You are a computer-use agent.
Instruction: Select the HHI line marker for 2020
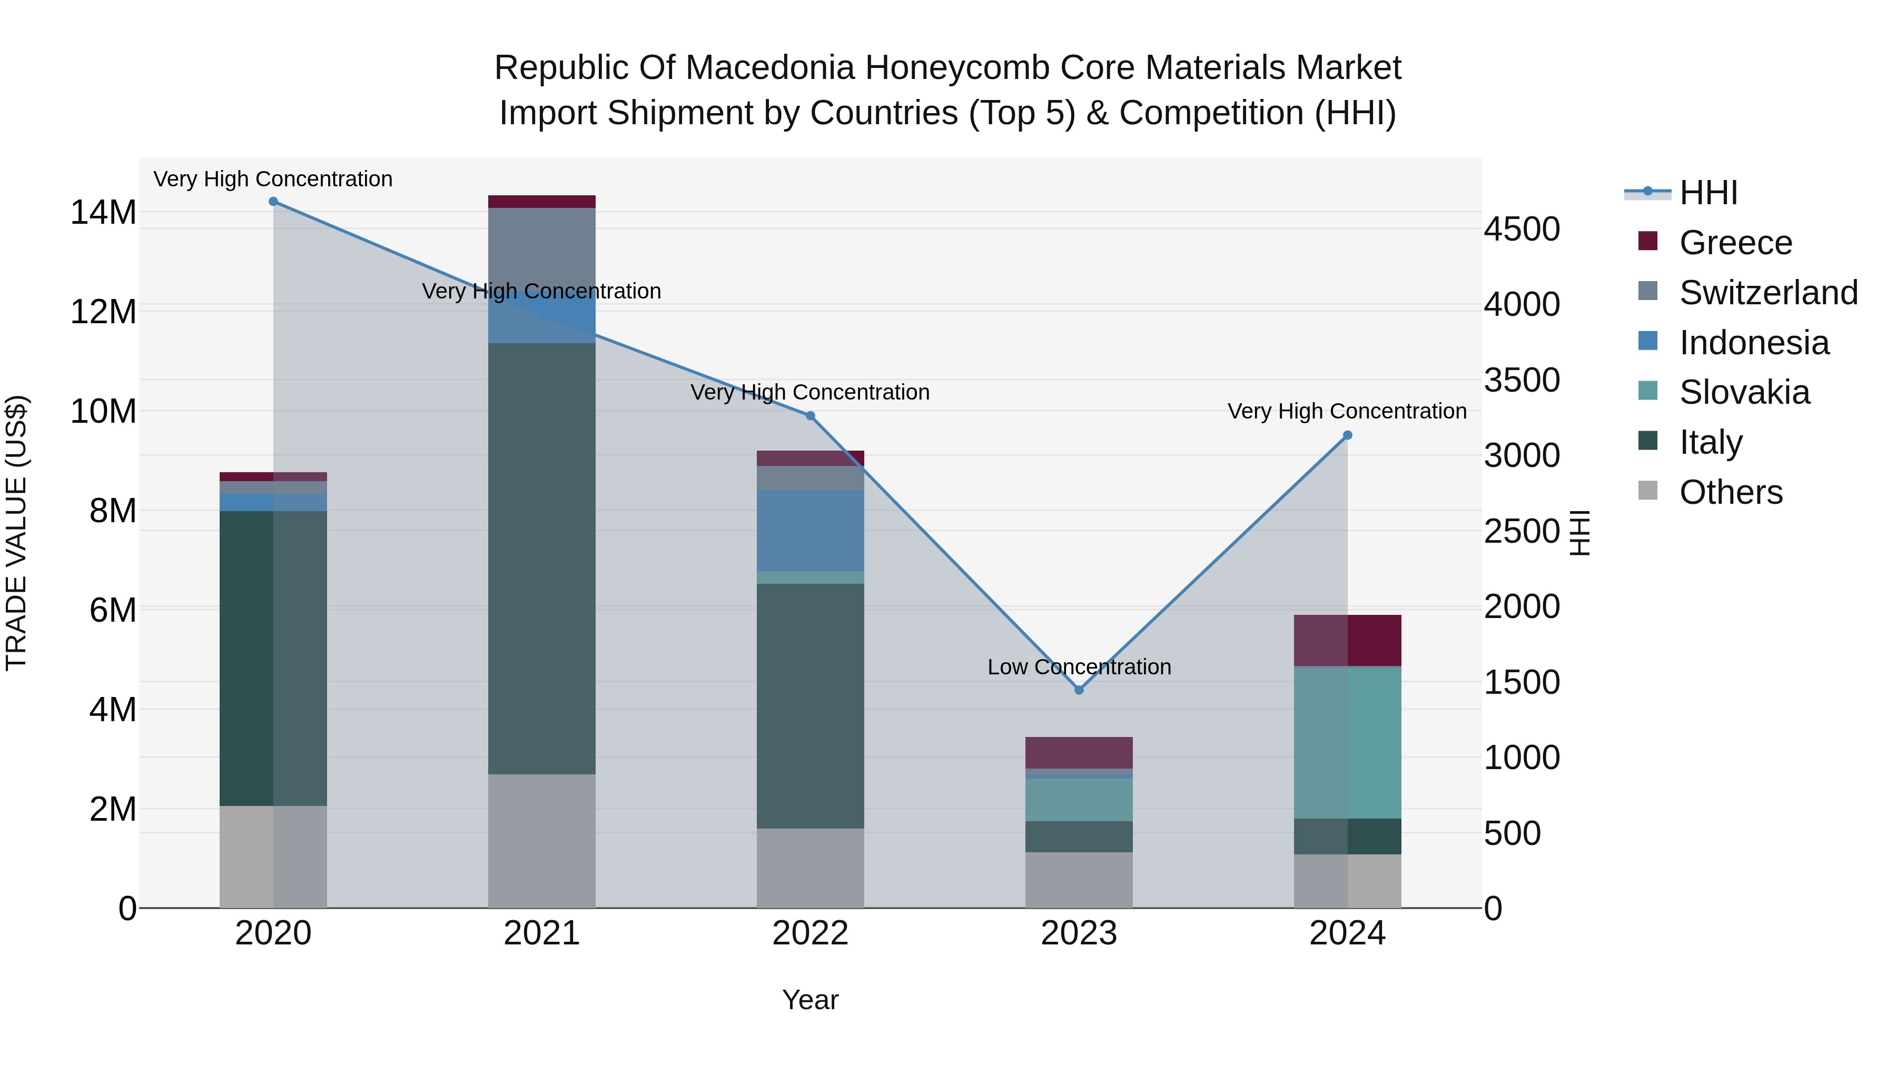coord(273,202)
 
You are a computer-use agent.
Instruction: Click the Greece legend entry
coord(1735,243)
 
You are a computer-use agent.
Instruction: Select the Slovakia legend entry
coord(1744,392)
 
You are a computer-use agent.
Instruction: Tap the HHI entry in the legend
coord(1707,193)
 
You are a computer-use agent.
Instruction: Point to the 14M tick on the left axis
coord(103,213)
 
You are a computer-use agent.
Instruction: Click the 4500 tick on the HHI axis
coord(1520,229)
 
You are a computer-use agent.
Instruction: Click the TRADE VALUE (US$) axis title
coord(16,533)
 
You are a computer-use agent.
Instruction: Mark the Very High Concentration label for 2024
coord(1346,411)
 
